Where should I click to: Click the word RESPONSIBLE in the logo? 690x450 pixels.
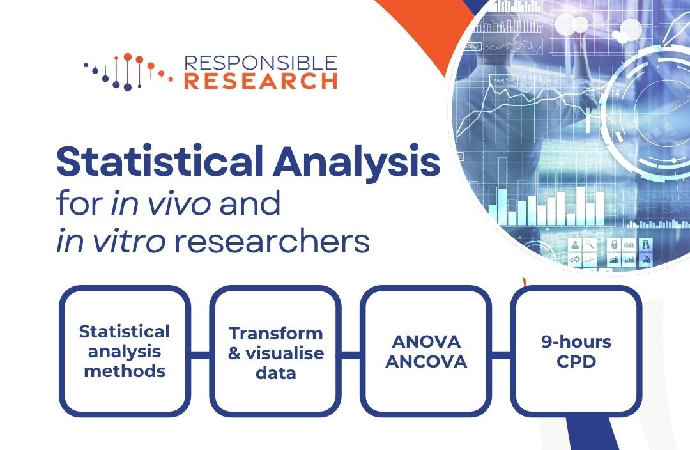click(260, 63)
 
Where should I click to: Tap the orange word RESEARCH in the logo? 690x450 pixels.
click(260, 81)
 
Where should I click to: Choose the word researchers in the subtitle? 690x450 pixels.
click(263, 242)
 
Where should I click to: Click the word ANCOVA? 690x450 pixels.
click(426, 361)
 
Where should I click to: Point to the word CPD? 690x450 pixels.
click(576, 361)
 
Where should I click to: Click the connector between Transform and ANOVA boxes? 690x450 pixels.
click(351, 352)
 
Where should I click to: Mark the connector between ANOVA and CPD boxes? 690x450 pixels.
click(501, 352)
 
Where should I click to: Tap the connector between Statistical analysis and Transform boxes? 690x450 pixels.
click(200, 352)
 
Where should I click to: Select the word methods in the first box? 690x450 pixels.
click(125, 371)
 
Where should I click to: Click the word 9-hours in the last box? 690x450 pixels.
click(576, 342)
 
